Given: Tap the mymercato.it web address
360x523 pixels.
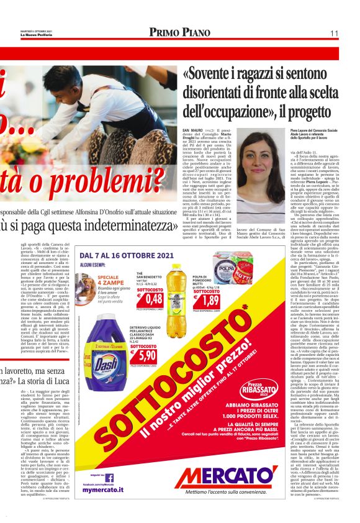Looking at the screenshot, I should pyautogui.click(x=99, y=489).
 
